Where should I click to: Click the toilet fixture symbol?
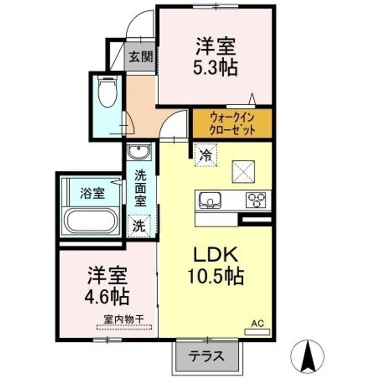coord(107,91)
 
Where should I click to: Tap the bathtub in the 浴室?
coord(92,221)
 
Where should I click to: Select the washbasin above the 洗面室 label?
coord(139,151)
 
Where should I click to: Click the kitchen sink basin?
coord(210,200)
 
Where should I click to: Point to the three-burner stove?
coord(256,200)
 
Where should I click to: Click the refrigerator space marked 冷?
coord(206,155)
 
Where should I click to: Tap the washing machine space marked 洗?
coord(139,226)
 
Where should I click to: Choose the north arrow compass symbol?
coord(307,356)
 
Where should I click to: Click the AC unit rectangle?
coord(257,332)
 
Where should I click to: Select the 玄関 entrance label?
coord(141,57)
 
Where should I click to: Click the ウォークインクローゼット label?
coord(232,124)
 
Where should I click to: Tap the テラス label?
coord(206,356)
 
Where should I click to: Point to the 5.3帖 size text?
coord(216,68)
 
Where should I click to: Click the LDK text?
coord(216,254)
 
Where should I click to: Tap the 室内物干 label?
coord(124,319)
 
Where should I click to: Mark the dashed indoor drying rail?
coord(124,327)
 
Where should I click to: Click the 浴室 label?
coord(93,193)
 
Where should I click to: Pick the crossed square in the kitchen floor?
coord(243,172)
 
